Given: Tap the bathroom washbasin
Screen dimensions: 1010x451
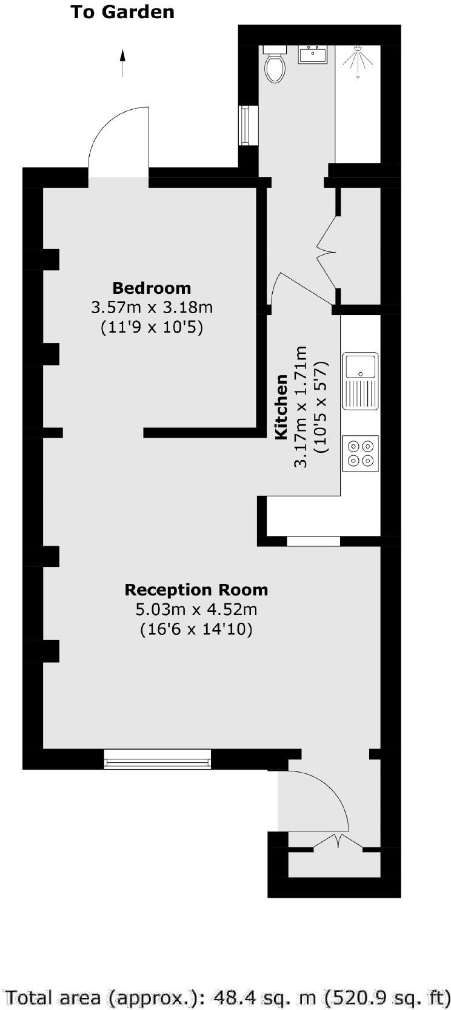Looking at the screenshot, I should (x=313, y=55).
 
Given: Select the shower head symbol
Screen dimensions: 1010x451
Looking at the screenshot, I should (x=358, y=61).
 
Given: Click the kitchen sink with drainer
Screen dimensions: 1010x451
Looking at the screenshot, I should (x=361, y=381).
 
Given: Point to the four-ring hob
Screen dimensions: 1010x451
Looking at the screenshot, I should (x=361, y=453).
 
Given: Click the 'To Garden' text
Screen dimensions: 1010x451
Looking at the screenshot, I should (x=122, y=12).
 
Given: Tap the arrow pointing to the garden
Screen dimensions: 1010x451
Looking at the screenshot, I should (x=123, y=63).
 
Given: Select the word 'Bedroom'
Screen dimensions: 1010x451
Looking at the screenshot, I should (x=152, y=288).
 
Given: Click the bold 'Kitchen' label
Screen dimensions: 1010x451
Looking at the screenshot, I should (x=282, y=407).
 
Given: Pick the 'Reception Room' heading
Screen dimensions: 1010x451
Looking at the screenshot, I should (x=196, y=589).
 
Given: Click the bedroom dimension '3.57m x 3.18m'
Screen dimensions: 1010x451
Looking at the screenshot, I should (x=152, y=308).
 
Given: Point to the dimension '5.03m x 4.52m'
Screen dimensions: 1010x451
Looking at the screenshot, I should (x=196, y=609).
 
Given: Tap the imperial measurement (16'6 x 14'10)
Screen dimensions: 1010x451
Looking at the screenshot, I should (x=196, y=629).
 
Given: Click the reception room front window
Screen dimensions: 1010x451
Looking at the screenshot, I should (x=158, y=759).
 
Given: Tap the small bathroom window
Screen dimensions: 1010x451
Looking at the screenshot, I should (x=246, y=126).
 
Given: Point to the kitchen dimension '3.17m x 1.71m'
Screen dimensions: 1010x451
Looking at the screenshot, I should (x=301, y=407).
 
